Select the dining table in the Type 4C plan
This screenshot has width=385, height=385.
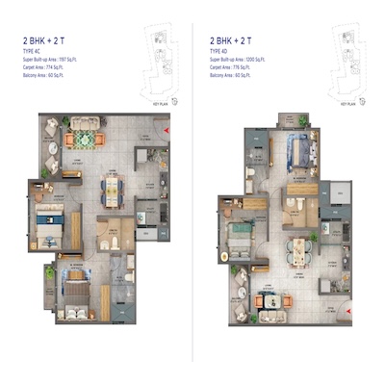[x=113, y=190]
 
